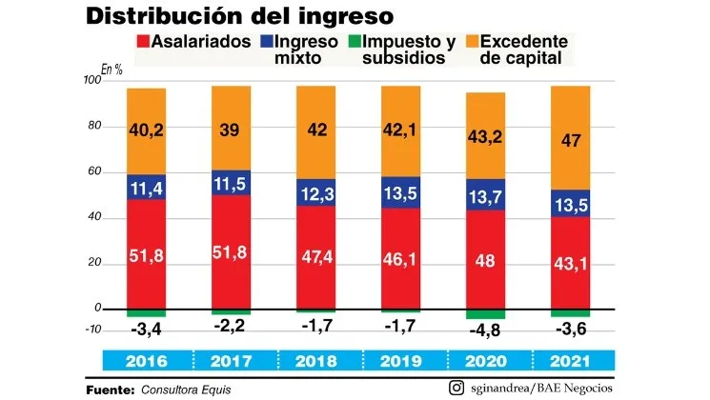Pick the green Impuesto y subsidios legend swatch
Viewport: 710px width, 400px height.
tap(354, 41)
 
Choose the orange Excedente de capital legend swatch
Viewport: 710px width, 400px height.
tap(471, 41)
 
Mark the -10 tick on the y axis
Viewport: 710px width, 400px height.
tap(92, 330)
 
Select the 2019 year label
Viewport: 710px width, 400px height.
tap(400, 362)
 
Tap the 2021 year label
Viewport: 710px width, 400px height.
tap(570, 362)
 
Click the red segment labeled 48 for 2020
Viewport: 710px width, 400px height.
tap(485, 260)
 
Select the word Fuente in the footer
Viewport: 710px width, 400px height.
tap(110, 389)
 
